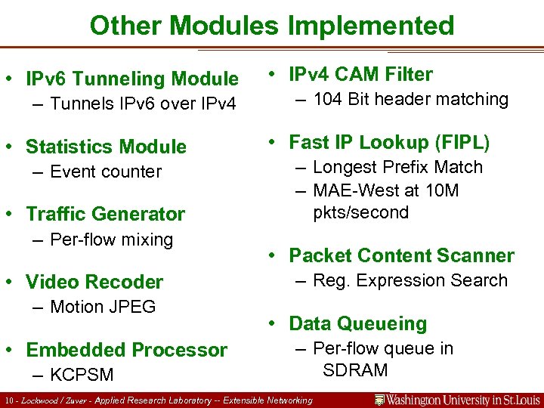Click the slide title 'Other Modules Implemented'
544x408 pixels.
271,26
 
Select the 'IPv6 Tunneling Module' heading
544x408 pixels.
132,79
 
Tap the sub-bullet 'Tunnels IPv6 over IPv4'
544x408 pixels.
143,104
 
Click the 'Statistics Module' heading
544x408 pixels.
106,147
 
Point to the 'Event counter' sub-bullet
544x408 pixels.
105,172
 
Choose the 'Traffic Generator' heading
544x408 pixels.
105,215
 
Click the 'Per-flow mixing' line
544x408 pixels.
111,240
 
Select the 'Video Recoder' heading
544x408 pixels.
94,283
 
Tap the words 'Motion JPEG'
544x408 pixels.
103,307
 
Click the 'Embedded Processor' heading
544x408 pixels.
126,351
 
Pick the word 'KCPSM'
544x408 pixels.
82,375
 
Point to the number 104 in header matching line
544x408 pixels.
328,99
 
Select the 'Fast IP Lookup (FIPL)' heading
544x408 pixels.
389,143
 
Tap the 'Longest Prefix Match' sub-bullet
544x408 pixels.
397,167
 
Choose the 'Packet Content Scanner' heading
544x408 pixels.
401,255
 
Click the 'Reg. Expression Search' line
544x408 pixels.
410,280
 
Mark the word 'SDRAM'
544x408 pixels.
354,370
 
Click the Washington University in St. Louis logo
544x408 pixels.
456,400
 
